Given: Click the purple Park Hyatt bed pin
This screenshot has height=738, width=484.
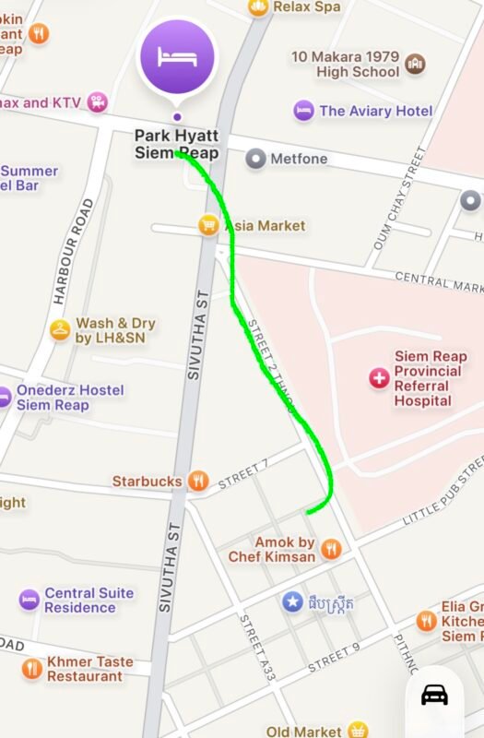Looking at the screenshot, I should (x=177, y=57).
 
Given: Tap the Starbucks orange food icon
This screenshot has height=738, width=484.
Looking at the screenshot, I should (x=198, y=481).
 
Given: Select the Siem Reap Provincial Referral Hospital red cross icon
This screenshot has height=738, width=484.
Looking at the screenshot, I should (x=379, y=377).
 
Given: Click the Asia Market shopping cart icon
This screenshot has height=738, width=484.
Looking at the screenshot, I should (x=209, y=225).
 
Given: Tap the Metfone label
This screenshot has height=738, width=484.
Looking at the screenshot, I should (x=299, y=159).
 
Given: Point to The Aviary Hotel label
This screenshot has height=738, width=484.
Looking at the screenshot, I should (x=375, y=111).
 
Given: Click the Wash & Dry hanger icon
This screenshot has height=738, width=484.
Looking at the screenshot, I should (x=60, y=329).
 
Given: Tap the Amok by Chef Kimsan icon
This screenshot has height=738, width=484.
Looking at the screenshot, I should (x=331, y=549).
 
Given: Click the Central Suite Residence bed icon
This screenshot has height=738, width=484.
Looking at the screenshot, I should (x=30, y=600).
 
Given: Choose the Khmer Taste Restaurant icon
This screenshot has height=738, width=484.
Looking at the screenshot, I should (x=32, y=669).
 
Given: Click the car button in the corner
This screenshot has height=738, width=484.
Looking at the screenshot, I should (x=434, y=694).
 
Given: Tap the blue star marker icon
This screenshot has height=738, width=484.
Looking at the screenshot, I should (x=292, y=602).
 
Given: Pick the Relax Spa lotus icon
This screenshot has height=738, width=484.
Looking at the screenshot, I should (x=258, y=7).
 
